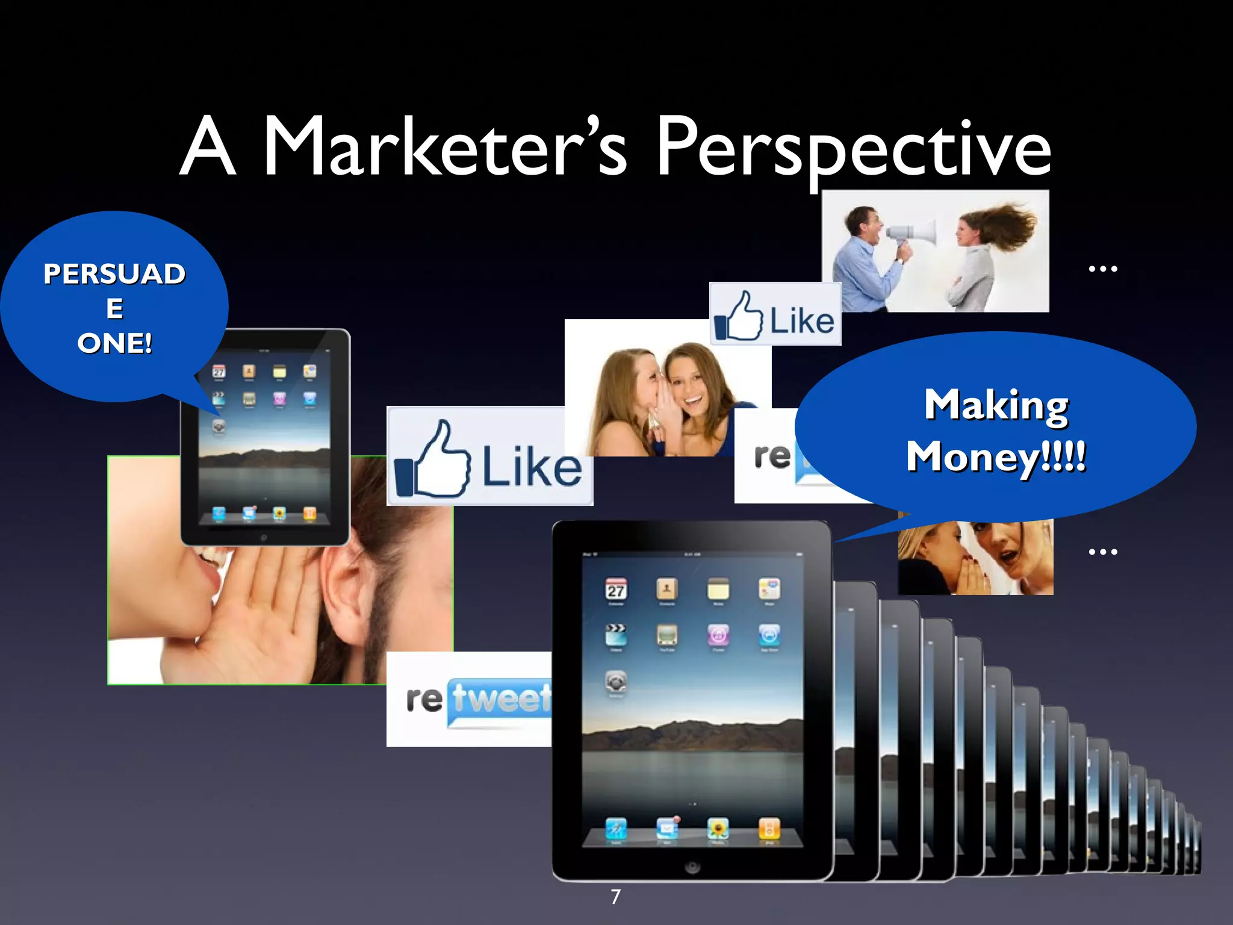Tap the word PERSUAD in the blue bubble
click(114, 274)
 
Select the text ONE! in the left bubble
click(114, 343)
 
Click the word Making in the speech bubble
click(996, 405)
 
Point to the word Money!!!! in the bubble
click(996, 456)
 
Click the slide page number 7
click(615, 897)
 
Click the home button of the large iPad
click(692, 867)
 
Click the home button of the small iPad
click(264, 537)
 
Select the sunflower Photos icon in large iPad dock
click(718, 828)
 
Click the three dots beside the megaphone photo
click(1103, 269)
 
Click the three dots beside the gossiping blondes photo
click(1103, 552)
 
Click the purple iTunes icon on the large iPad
click(718, 634)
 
